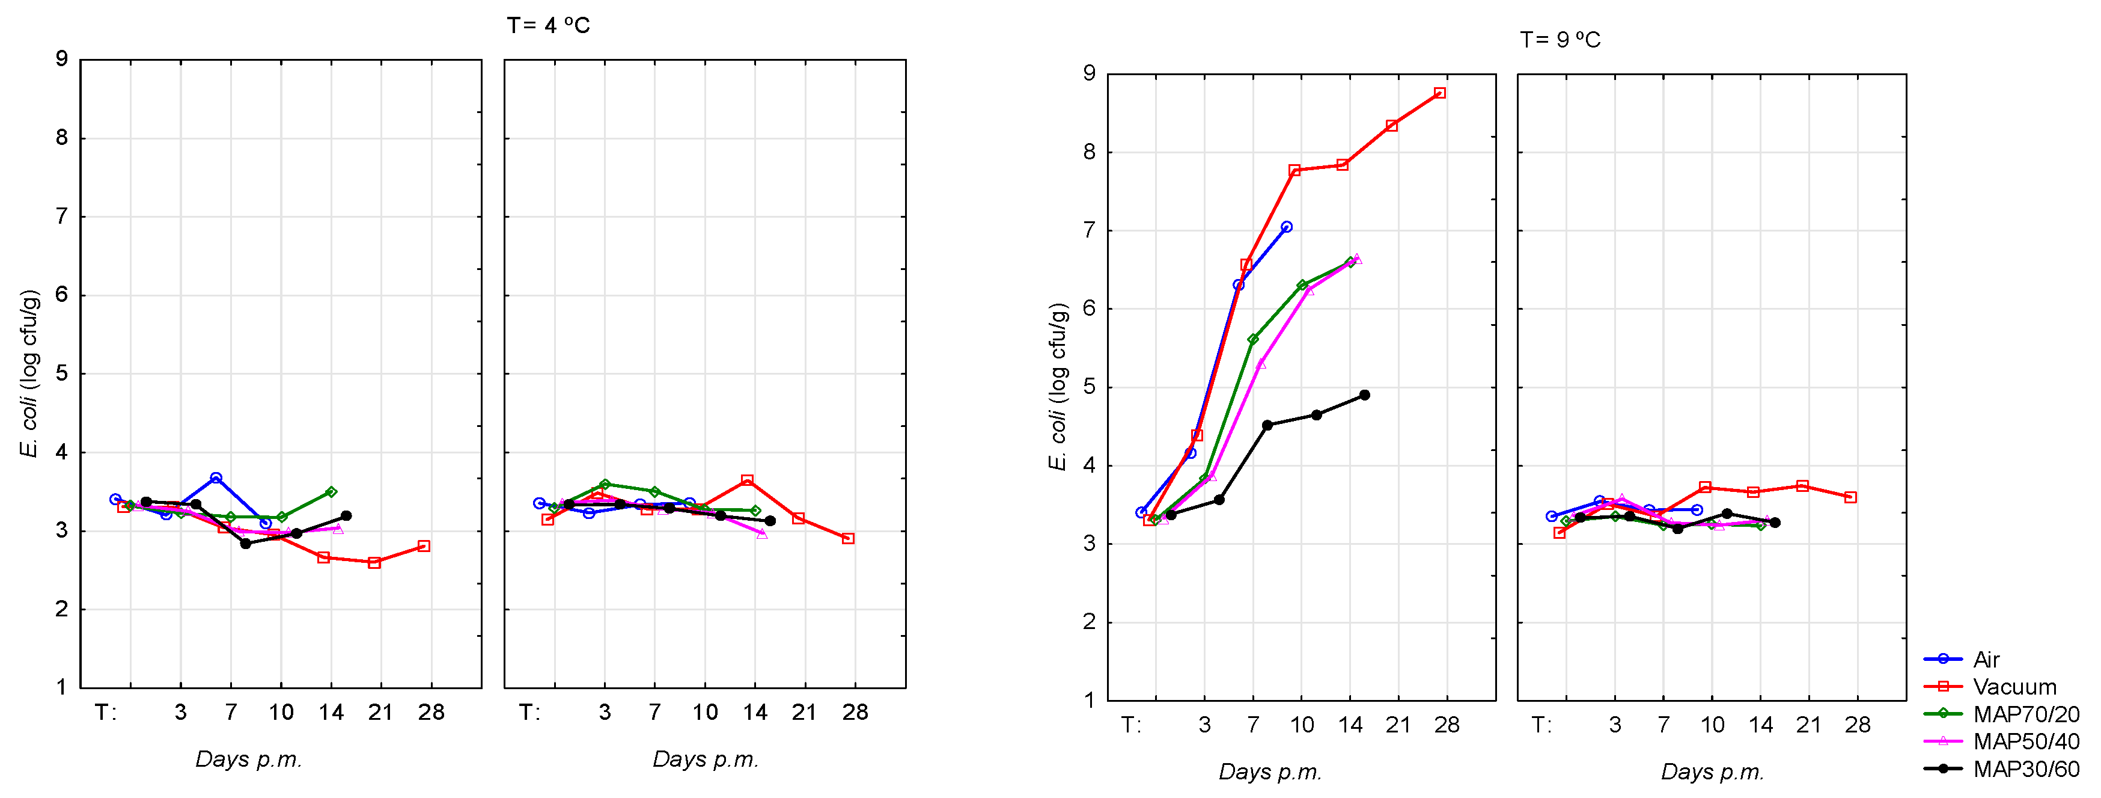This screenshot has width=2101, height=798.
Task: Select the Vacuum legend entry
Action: [2014, 687]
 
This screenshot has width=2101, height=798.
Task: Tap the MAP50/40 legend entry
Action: [2026, 741]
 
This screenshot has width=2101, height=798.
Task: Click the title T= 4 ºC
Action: [548, 26]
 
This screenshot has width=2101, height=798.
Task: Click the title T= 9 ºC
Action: [1560, 40]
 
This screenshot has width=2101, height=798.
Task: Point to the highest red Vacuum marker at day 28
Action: [1439, 94]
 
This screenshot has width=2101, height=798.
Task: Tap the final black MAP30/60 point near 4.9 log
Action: [1364, 396]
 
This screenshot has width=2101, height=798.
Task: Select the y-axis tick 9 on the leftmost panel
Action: [62, 60]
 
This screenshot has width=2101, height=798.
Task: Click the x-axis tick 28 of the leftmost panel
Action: [431, 713]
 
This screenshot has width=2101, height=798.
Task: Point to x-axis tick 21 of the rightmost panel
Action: [1808, 725]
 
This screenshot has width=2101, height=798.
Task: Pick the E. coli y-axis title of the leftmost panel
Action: [29, 373]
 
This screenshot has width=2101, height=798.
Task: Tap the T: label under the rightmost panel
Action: [1541, 725]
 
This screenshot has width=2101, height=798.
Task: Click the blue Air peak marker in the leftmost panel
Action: [216, 478]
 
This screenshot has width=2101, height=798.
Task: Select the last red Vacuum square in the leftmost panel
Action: [423, 547]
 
